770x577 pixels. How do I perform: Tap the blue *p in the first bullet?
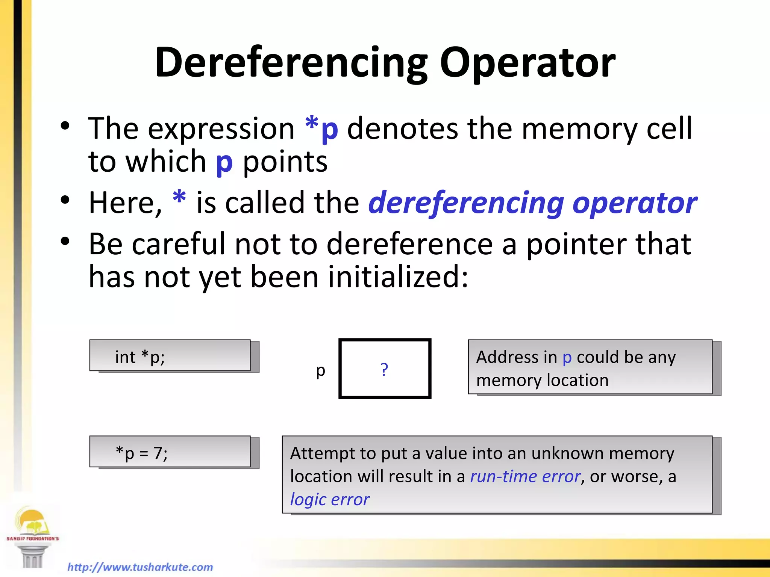322,128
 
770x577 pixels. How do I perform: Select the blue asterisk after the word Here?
179,198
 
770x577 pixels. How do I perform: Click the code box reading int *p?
170,356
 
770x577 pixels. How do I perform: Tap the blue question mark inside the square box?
384,369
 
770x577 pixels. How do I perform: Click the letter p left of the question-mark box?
320,371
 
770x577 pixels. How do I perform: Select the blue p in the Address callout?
567,358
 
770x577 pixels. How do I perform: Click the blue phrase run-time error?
525,476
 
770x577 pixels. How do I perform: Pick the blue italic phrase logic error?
330,499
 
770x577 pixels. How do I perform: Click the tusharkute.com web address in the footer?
140,567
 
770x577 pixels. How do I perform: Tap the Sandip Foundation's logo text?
33,539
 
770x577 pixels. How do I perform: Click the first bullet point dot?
65,126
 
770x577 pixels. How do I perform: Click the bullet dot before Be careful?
65,242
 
